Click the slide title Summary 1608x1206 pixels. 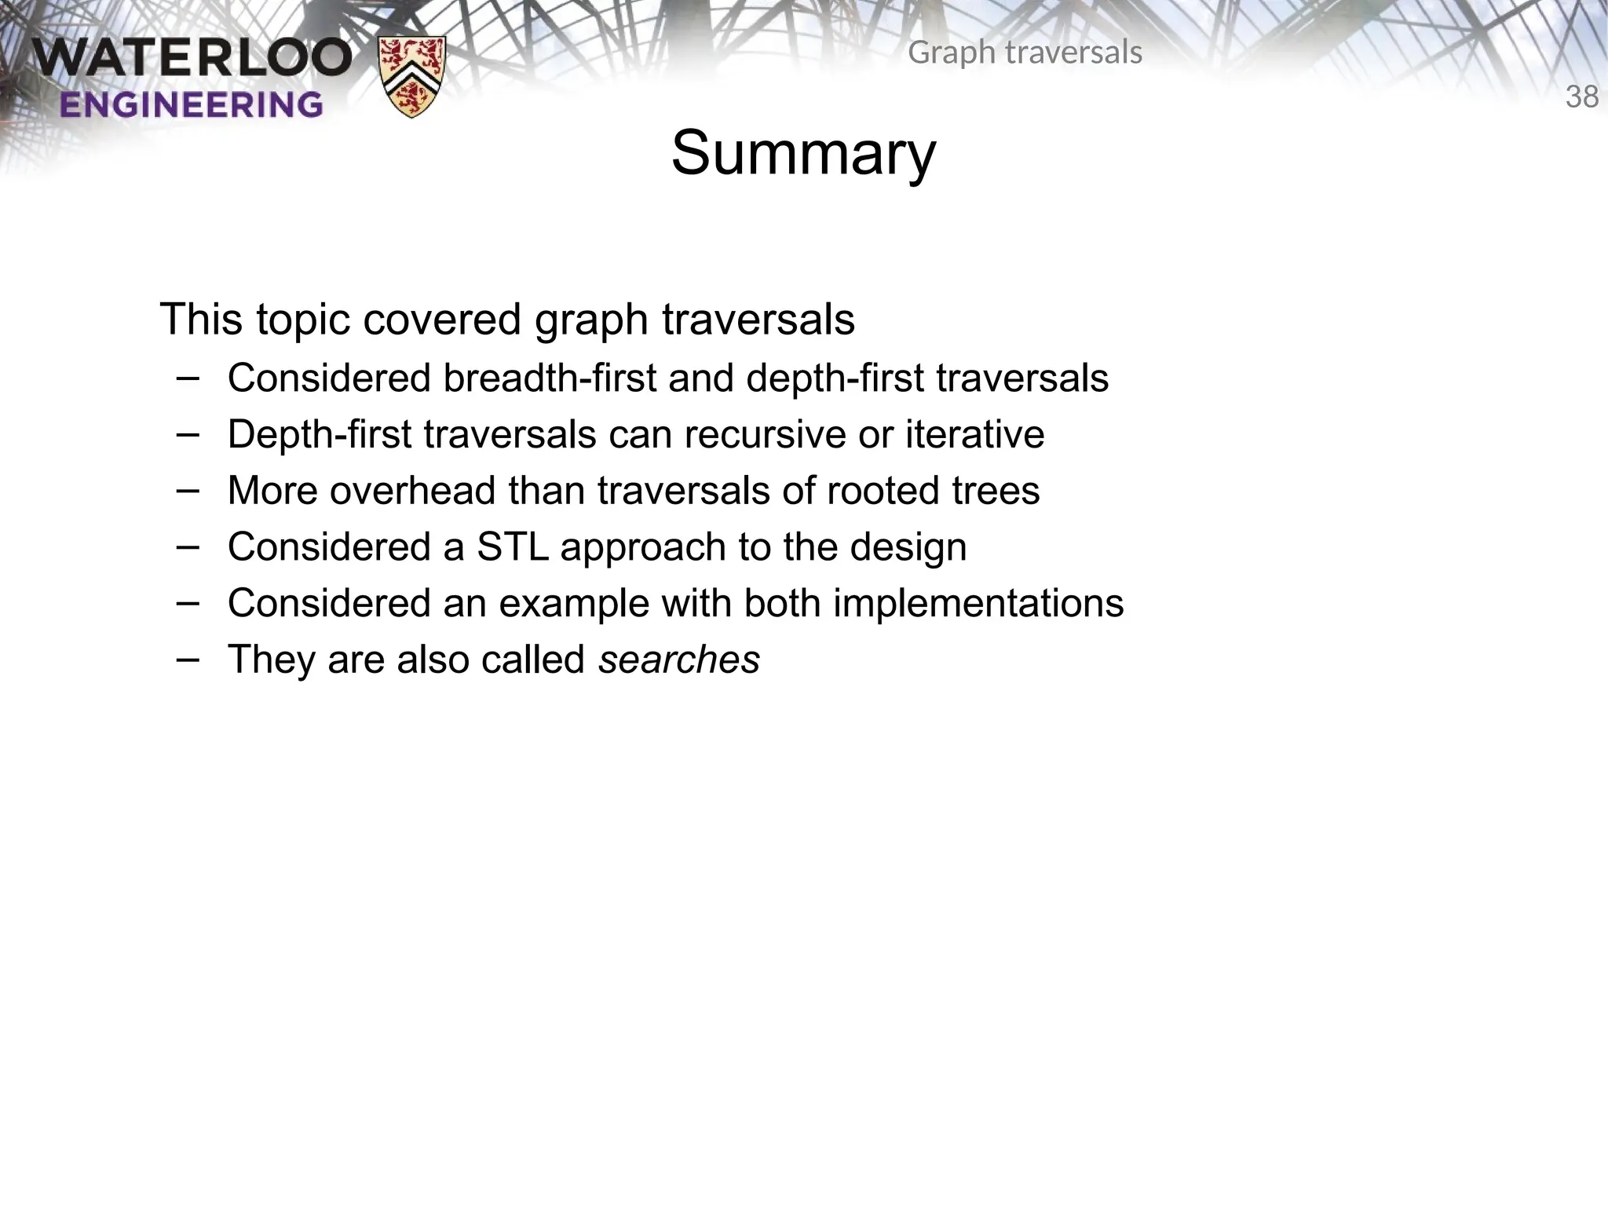pos(803,154)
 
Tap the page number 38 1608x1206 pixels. pos(1581,97)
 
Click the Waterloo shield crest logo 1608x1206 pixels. pos(412,76)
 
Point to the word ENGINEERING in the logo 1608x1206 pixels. pos(191,104)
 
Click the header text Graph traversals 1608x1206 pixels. pos(1025,53)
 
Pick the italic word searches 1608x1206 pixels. pos(679,660)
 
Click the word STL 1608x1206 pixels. pos(513,547)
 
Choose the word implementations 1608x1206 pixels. pos(978,604)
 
